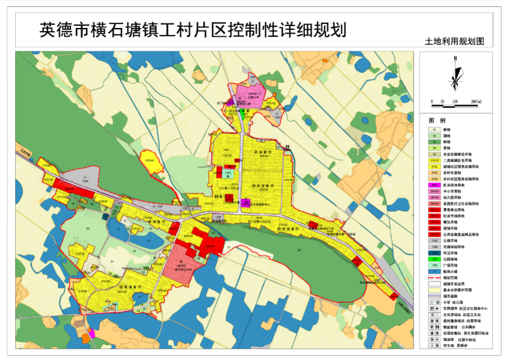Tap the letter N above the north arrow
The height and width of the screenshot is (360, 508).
click(x=455, y=58)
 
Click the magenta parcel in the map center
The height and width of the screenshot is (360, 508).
click(x=245, y=203)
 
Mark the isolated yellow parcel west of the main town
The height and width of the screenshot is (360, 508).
click(x=149, y=158)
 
